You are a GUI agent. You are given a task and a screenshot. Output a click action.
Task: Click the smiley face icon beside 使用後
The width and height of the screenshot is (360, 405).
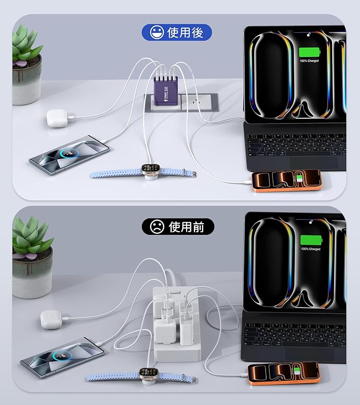pyautogui.click(x=156, y=33)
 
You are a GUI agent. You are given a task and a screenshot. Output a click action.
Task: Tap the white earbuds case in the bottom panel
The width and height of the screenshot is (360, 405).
pyautogui.click(x=51, y=320)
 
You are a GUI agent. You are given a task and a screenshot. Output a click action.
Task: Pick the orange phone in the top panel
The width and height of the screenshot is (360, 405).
pyautogui.click(x=286, y=180)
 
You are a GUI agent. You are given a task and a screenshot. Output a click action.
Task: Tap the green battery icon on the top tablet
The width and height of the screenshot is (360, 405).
pyautogui.click(x=310, y=52)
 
